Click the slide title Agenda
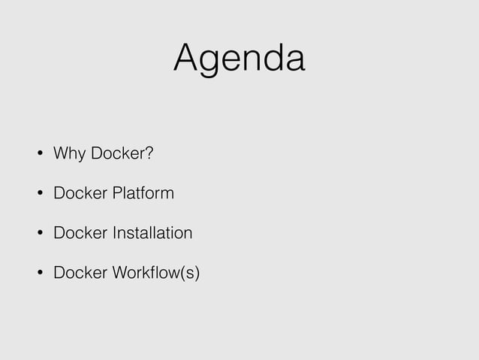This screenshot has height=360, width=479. pyautogui.click(x=239, y=58)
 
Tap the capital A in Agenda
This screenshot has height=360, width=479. pyautogui.click(x=187, y=58)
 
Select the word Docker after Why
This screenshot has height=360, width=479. pyautogui.click(x=117, y=154)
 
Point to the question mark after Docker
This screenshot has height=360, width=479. pyautogui.click(x=149, y=154)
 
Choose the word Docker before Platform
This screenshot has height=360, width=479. pyautogui.click(x=80, y=194)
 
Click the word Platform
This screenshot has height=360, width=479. pyautogui.click(x=143, y=194)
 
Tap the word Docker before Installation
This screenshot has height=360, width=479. pyautogui.click(x=80, y=233)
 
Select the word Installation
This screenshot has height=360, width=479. pyautogui.click(x=152, y=233)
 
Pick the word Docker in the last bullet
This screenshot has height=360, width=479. pyautogui.click(x=80, y=272)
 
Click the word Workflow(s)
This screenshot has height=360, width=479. pyautogui.click(x=155, y=272)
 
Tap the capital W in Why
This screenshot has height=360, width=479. pyautogui.click(x=61, y=154)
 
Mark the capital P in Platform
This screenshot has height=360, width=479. pyautogui.click(x=116, y=194)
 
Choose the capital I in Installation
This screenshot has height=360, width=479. pyautogui.click(x=114, y=233)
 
